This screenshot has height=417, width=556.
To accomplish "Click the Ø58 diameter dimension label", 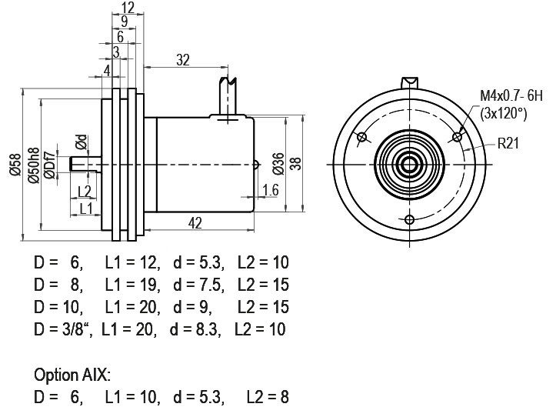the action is pyautogui.click(x=15, y=165).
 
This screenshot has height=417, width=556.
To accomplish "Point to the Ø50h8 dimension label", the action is pyautogui.click(x=34, y=165).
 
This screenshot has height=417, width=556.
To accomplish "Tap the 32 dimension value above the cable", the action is pyautogui.click(x=183, y=60).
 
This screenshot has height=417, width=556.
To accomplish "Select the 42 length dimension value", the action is pyautogui.click(x=195, y=223).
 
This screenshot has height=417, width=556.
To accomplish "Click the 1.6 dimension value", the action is pyautogui.click(x=271, y=190).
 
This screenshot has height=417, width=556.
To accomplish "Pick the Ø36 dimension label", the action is pyautogui.click(x=278, y=164).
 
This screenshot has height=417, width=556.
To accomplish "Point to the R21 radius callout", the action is pyautogui.click(x=508, y=143).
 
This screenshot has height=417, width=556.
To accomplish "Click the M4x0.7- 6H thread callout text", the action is pyautogui.click(x=511, y=96).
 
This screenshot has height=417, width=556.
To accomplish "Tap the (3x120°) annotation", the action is pyautogui.click(x=504, y=114).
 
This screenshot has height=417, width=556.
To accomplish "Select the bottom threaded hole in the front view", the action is pyautogui.click(x=410, y=220).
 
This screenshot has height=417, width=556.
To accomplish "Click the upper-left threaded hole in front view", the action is pyautogui.click(x=362, y=137).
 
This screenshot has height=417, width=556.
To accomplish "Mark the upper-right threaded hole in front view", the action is pyautogui.click(x=458, y=137).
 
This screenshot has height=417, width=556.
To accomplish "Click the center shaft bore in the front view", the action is pyautogui.click(x=410, y=165).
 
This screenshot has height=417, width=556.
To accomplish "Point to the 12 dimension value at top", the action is pyautogui.click(x=128, y=7).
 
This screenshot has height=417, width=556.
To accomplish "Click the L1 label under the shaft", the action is pyautogui.click(x=86, y=208).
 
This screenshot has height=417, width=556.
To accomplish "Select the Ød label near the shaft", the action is pyautogui.click(x=82, y=142).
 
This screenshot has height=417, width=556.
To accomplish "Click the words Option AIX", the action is pyautogui.click(x=72, y=375).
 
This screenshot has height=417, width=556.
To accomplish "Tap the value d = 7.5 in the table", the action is pyautogui.click(x=198, y=285).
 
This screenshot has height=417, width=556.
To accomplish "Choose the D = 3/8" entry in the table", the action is pyautogui.click(x=63, y=329).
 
